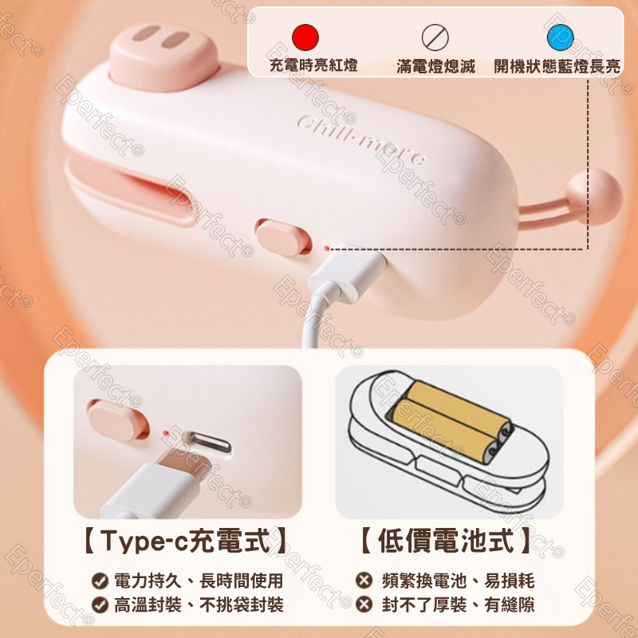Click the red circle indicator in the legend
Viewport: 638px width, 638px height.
click(x=305, y=37)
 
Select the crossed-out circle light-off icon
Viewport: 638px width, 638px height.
click(x=435, y=37)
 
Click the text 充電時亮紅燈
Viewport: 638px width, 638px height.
click(x=313, y=66)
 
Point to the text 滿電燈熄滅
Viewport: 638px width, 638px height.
click(x=435, y=66)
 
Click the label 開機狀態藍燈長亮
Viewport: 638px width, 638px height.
click(x=557, y=66)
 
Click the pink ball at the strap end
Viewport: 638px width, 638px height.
click(x=595, y=196)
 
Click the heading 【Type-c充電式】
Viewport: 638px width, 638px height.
click(x=187, y=543)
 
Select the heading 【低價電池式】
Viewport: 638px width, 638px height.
click(x=445, y=543)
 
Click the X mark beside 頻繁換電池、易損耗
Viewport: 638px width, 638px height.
click(x=364, y=581)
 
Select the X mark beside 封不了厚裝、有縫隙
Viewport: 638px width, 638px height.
click(x=364, y=605)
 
